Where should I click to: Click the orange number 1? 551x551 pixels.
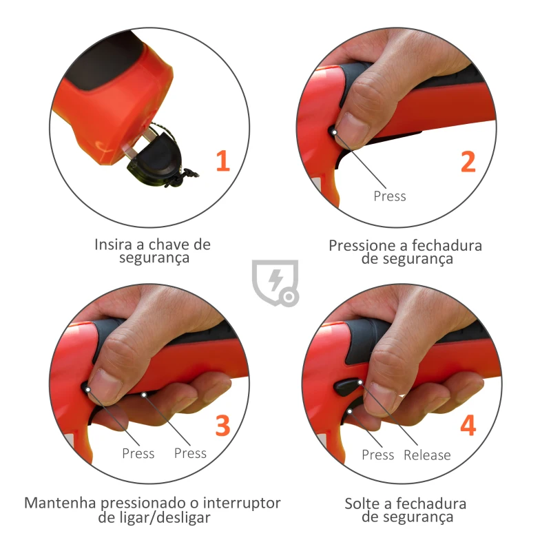222,161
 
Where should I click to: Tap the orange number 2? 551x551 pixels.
468,161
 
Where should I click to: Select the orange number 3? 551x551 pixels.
222,426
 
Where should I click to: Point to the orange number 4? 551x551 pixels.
468,426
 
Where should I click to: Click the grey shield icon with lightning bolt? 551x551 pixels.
275,282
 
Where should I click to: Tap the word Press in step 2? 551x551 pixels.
390,196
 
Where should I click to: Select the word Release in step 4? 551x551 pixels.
427,455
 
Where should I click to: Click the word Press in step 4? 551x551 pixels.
378,455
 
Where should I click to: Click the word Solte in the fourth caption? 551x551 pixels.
362,503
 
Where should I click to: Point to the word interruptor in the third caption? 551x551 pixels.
242,503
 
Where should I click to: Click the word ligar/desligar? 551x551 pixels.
154,518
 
